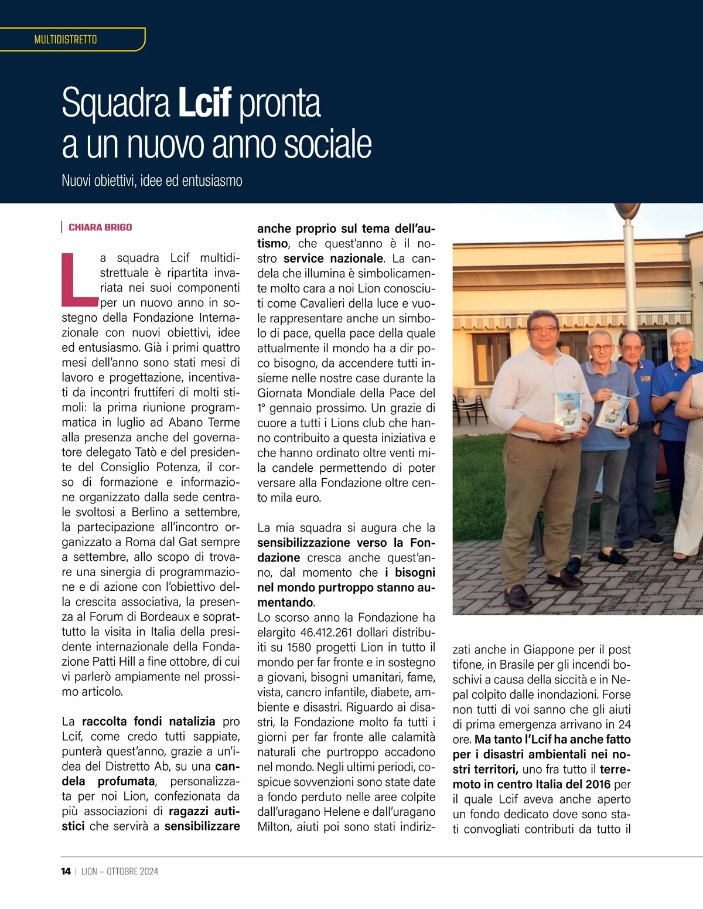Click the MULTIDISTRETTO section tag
[x=66, y=40]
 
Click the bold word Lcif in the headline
[x=204, y=103]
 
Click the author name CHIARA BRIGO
[x=100, y=227]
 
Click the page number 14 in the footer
[x=66, y=871]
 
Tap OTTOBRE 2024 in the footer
[x=132, y=871]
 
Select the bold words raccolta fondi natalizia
[x=148, y=721]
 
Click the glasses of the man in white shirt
[x=544, y=329]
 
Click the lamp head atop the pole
[x=627, y=212]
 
